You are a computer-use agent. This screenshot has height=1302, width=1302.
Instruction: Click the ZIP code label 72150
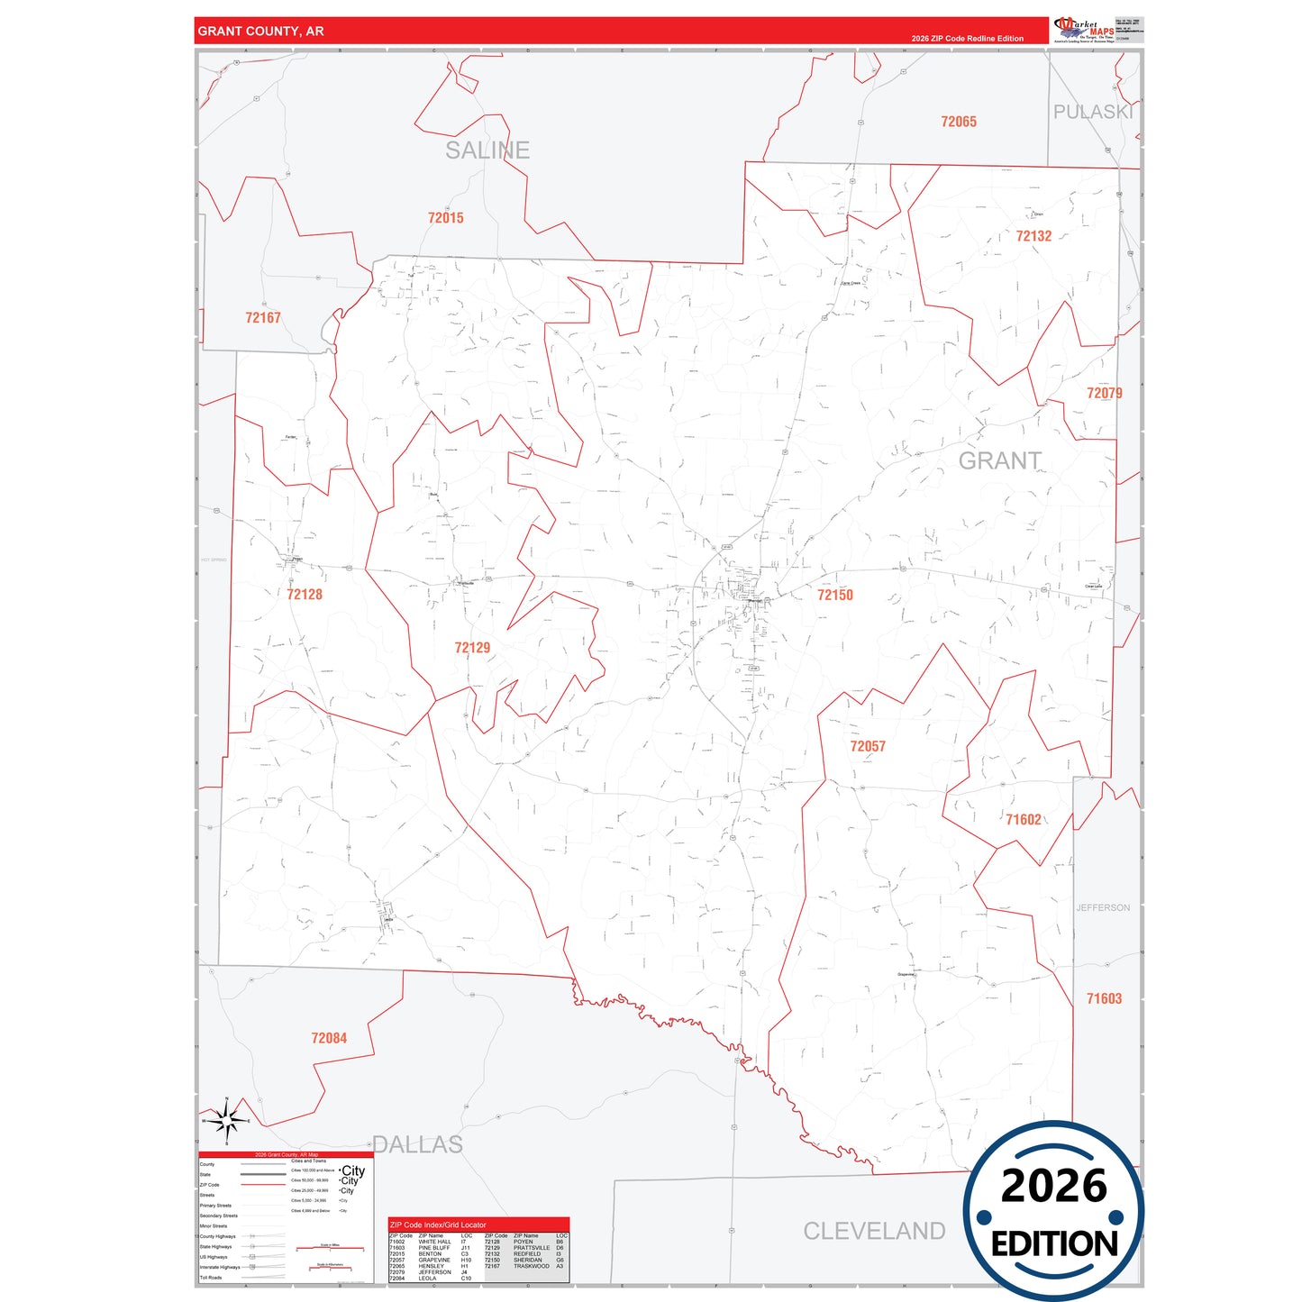point(834,595)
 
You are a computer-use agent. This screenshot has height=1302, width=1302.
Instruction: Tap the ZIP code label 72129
point(472,648)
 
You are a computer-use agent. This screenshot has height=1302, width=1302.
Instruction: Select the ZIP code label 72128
point(305,595)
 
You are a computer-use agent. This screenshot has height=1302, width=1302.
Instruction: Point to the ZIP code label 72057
point(868,746)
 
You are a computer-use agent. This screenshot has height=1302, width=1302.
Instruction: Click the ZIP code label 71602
point(1024,819)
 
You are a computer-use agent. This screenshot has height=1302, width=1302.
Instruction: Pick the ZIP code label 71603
point(1104,998)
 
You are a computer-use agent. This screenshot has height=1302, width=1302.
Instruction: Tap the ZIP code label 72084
point(329,1038)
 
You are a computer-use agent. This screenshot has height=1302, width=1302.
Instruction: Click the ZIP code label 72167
point(263,318)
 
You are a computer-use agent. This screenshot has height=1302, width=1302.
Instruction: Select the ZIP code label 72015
point(446,218)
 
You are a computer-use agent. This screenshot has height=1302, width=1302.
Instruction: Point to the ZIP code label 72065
point(959,122)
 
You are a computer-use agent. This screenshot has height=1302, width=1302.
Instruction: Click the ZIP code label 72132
point(1033,236)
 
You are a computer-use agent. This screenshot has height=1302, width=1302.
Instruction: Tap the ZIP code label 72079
point(1104,393)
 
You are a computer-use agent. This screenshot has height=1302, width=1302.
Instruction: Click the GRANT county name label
point(999,461)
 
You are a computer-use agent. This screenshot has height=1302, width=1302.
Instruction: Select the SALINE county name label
point(487,150)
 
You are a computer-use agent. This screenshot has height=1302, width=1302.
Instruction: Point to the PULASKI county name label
point(1093,112)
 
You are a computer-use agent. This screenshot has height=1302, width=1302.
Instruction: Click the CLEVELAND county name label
point(874,1231)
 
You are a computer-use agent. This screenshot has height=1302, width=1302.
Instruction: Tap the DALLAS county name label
point(418,1144)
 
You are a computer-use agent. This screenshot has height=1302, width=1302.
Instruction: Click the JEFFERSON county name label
point(1103,907)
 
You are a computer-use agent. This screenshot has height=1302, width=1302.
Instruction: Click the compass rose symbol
point(227,1120)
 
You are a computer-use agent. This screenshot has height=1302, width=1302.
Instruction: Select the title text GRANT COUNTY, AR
point(260,31)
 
